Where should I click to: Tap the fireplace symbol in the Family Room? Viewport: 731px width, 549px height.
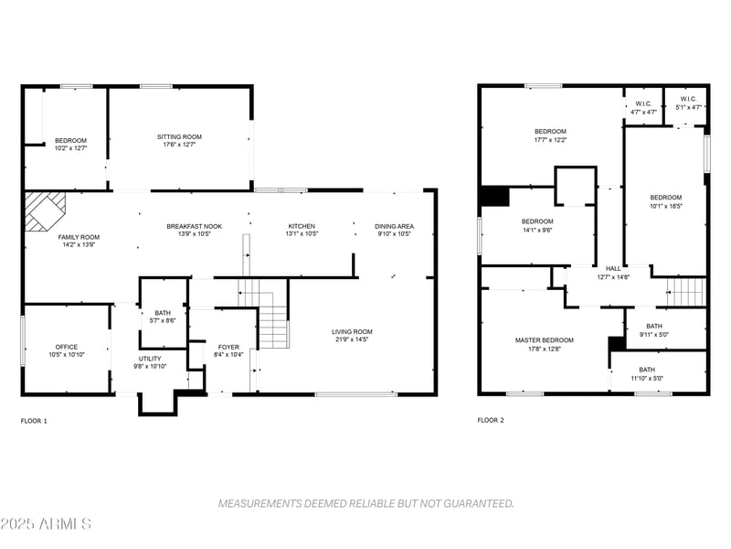44,210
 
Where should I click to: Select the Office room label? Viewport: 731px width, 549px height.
66,347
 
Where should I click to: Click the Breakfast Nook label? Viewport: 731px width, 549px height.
194,226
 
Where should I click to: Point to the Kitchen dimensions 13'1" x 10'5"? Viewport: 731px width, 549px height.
302,233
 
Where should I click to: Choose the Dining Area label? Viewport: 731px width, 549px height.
394,226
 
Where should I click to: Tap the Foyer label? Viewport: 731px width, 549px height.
227,347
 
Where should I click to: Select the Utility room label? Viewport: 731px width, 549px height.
151,359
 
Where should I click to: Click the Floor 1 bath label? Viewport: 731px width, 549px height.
163,312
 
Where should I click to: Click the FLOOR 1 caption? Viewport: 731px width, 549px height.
34,421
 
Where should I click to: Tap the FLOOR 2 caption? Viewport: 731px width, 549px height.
490,421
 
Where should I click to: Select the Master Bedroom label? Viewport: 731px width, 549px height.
544,340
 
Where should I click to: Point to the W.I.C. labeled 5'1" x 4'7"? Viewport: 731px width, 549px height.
688,99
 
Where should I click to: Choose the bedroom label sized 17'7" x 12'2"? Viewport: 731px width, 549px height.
550,132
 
